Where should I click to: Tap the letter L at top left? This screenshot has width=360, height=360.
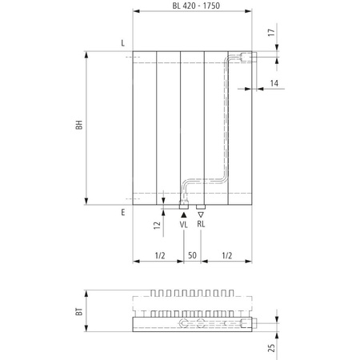tap(122, 42)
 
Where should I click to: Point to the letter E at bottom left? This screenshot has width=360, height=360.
tap(122, 213)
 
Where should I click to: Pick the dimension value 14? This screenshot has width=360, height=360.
tap(274, 82)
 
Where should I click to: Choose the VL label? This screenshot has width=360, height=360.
tap(183, 225)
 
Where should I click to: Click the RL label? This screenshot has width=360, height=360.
tap(201, 225)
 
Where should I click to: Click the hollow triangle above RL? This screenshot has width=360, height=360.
tap(201, 214)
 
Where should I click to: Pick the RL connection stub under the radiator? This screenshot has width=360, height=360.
tap(201, 206)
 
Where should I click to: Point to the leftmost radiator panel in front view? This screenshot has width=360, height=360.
tap(145, 128)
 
